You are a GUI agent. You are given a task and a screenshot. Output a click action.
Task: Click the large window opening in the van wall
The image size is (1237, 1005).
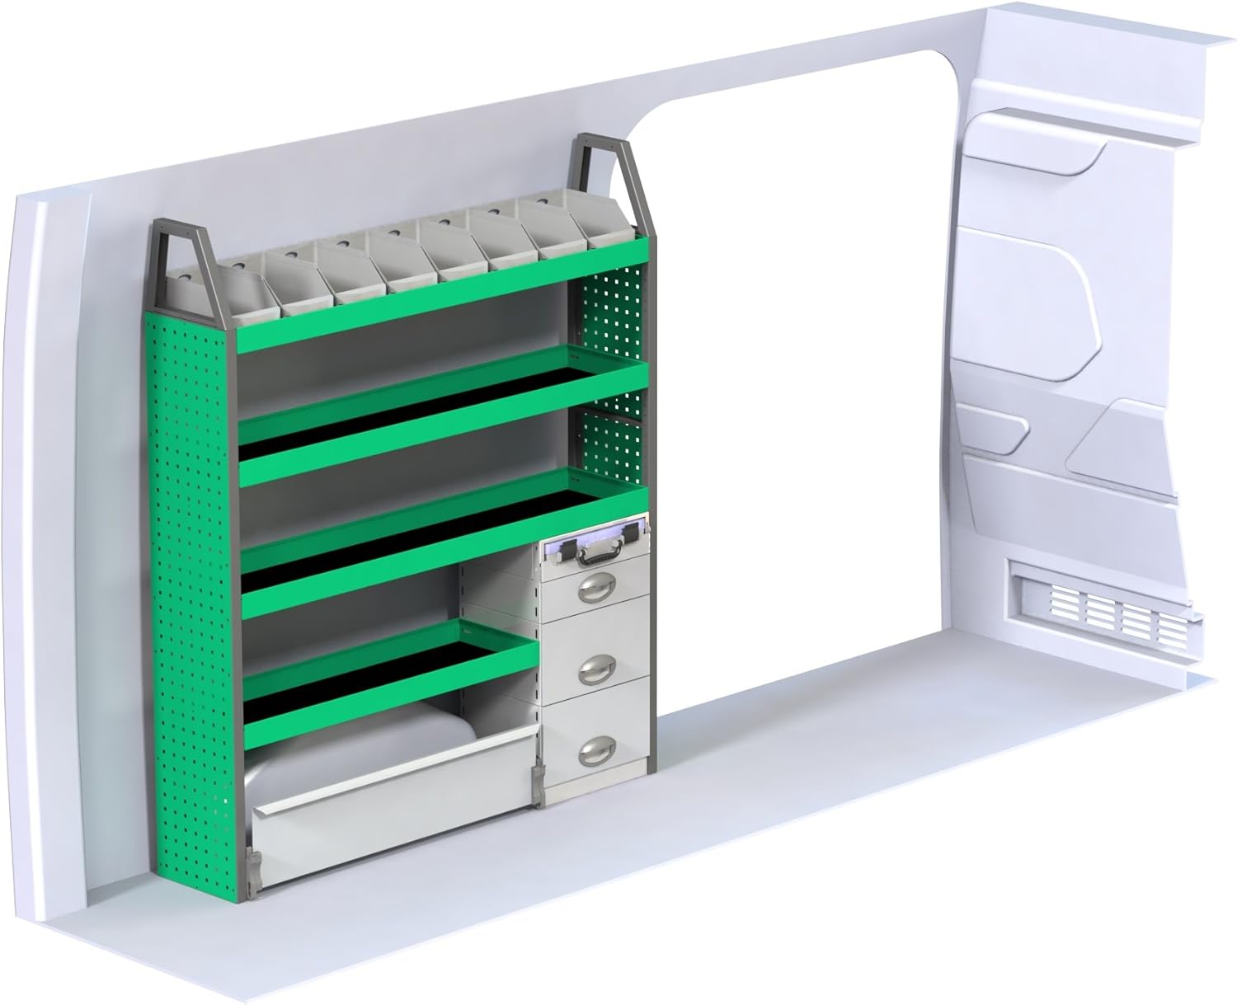pos(792,371)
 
